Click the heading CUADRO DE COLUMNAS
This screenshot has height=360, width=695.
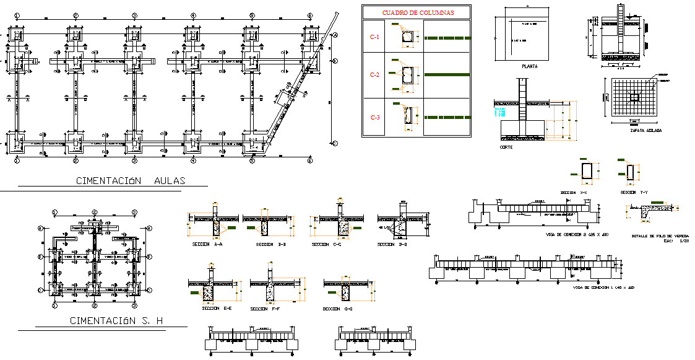pyautogui.click(x=417, y=12)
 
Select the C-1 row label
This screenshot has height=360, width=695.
pyautogui.click(x=374, y=38)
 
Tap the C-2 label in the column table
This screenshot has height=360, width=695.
pyautogui.click(x=374, y=75)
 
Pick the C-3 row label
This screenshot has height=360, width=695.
pyautogui.click(x=374, y=118)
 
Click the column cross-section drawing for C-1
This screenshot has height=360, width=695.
pyautogui.click(x=408, y=39)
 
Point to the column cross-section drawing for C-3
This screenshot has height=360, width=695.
pyautogui.click(x=408, y=116)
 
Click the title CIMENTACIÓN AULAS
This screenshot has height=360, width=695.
pyautogui.click(x=131, y=182)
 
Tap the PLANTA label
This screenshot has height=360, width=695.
pyautogui.click(x=530, y=66)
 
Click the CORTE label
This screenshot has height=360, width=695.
pyautogui.click(x=506, y=147)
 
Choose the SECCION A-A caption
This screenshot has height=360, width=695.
pyautogui.click(x=209, y=245)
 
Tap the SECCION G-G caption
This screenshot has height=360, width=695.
pyautogui.click(x=337, y=309)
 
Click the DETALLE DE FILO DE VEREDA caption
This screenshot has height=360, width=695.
pyautogui.click(x=658, y=236)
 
